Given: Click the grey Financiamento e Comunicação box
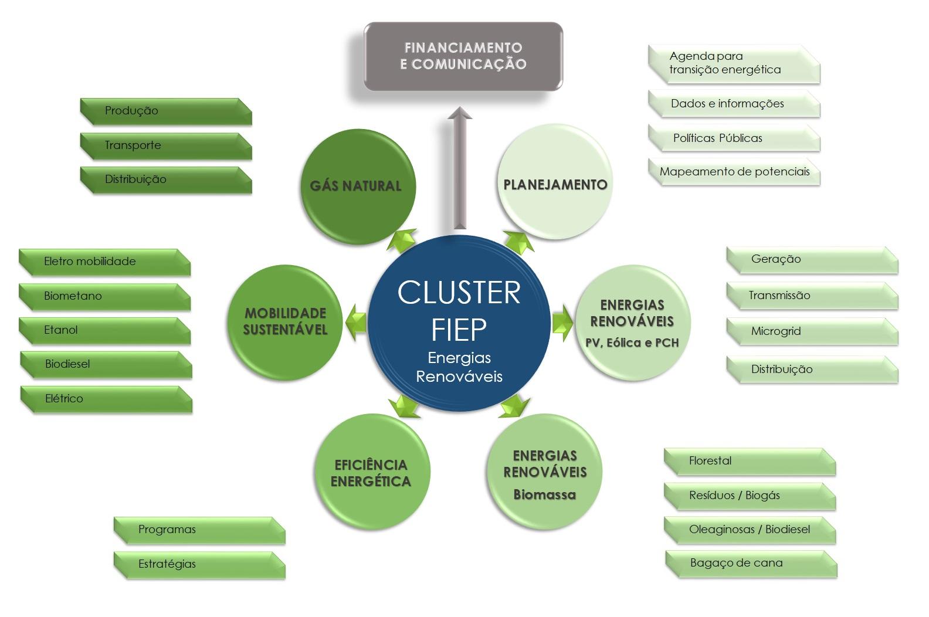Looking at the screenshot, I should click(x=463, y=56).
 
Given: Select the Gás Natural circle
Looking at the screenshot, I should click(x=357, y=186).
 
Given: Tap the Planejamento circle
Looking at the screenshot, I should click(x=555, y=184).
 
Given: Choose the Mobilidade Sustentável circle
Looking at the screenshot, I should click(x=285, y=321).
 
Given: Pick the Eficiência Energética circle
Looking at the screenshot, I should click(x=371, y=473).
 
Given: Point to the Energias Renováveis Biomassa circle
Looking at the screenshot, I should click(x=545, y=473).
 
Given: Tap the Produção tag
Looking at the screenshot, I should click(x=166, y=111).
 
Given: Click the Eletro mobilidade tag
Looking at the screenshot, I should click(x=104, y=262).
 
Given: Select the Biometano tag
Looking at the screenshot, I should click(x=104, y=296).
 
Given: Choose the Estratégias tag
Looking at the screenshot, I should click(x=199, y=564).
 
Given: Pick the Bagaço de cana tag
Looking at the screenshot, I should click(x=751, y=563).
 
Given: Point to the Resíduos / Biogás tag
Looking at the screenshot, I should click(x=750, y=496).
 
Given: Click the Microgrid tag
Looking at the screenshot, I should click(x=812, y=331).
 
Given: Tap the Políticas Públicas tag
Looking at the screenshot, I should click(x=734, y=138).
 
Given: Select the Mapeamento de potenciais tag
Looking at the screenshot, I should click(x=734, y=172).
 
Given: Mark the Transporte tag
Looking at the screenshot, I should click(x=166, y=145).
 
